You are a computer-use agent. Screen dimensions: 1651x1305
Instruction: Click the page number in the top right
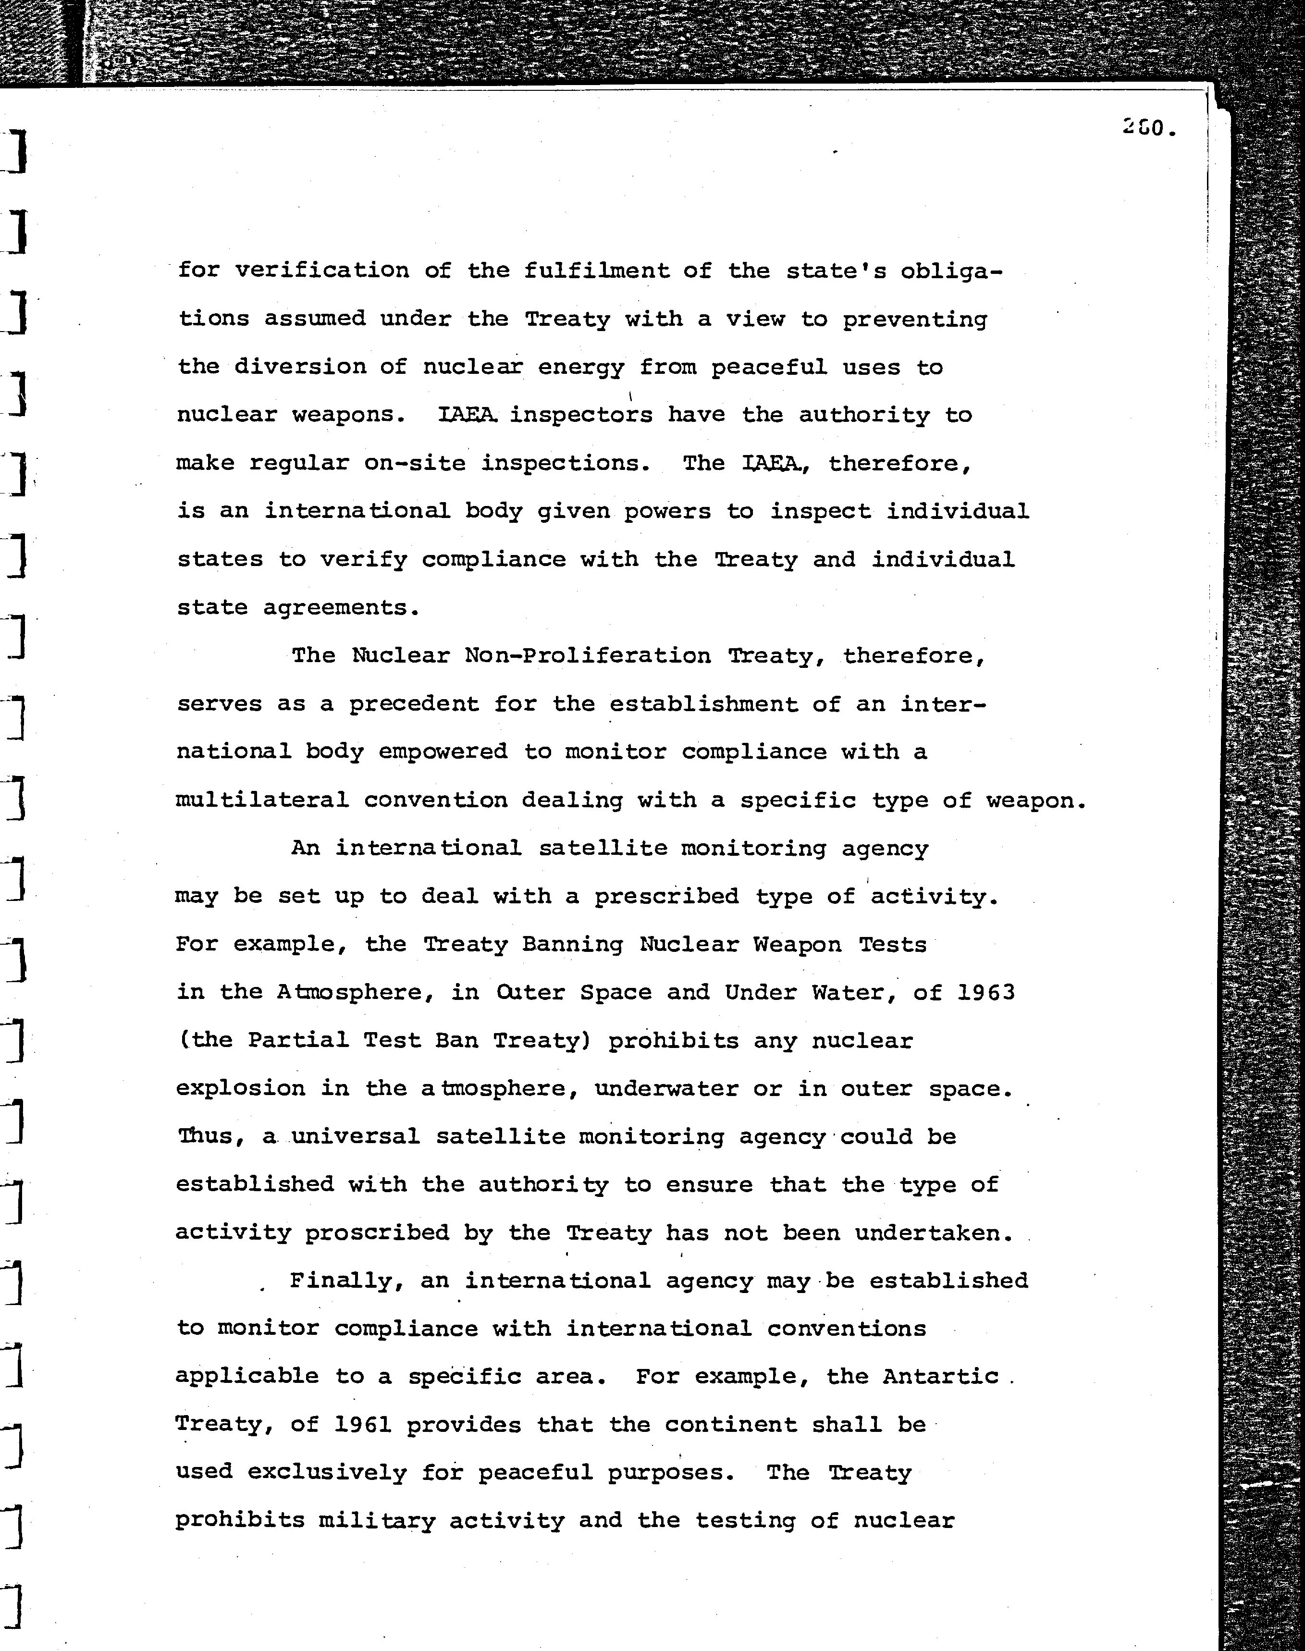tap(1148, 128)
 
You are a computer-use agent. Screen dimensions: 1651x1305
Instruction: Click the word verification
tap(321, 271)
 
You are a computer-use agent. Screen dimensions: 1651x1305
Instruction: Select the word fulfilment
tap(596, 271)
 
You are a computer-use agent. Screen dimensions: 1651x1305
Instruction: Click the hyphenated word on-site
tap(415, 464)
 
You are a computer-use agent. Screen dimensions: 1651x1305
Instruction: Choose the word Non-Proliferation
tap(588, 655)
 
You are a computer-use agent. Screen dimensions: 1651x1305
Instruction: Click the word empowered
tap(443, 752)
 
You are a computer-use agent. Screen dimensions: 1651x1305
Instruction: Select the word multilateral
tap(262, 800)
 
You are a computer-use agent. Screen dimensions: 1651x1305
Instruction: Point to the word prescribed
tap(667, 896)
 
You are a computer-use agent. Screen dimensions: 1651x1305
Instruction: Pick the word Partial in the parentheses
tap(298, 1041)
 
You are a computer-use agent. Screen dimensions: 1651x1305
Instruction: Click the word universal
tap(356, 1137)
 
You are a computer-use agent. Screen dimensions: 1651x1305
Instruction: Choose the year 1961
tap(363, 1425)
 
